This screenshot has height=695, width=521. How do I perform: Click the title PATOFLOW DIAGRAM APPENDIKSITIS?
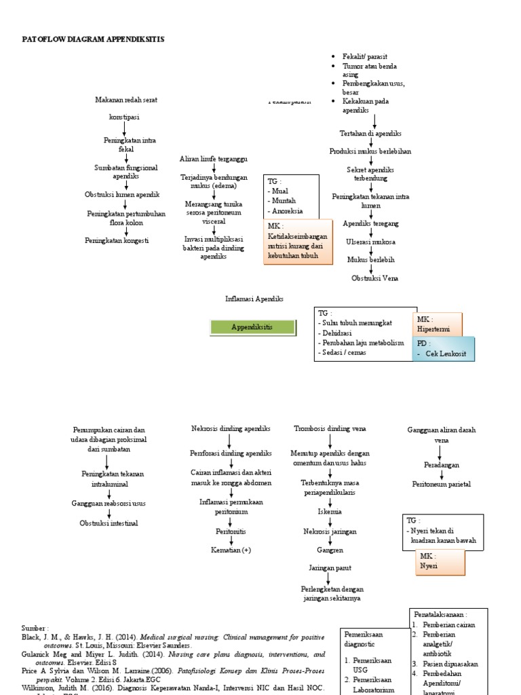click(93, 39)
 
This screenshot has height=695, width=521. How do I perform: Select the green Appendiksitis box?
click(252, 327)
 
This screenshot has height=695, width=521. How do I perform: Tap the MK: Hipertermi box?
click(437, 324)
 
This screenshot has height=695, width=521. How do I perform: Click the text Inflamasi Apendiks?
click(254, 299)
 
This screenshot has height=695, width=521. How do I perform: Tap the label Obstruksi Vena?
click(374, 278)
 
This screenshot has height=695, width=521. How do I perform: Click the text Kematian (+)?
click(231, 550)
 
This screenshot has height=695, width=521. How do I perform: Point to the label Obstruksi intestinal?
click(109, 523)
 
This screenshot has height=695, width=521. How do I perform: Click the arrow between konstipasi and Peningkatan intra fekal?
click(125, 128)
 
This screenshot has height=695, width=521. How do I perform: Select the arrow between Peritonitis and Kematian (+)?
click(231, 541)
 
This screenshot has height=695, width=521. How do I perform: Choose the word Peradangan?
click(442, 466)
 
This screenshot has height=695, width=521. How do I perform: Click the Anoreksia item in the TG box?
click(288, 211)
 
